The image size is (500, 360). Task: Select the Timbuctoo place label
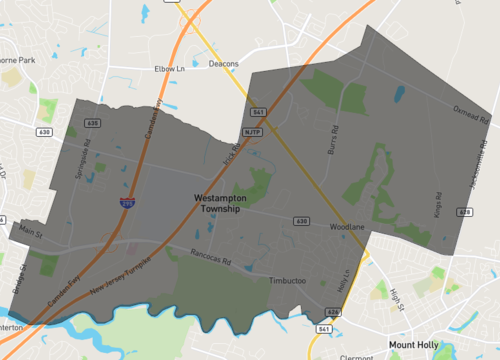pyautogui.click(x=291, y=281)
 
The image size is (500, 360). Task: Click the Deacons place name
pyautogui.click(x=224, y=64)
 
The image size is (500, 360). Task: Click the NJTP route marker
pyautogui.click(x=251, y=131)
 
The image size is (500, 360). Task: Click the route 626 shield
pyautogui.click(x=333, y=312)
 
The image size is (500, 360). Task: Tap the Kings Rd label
pyautogui.click(x=436, y=203)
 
